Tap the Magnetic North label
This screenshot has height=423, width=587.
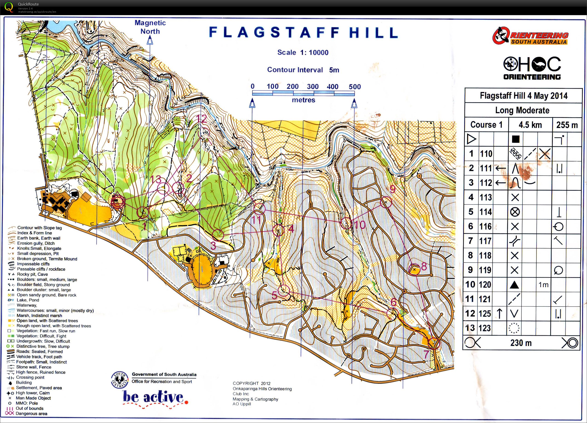pyautogui.click(x=150, y=27)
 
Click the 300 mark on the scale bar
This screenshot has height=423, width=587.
pyautogui.click(x=312, y=87)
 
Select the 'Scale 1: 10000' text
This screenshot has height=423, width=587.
pyautogui.click(x=303, y=52)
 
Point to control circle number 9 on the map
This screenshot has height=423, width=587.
pyautogui.click(x=386, y=202)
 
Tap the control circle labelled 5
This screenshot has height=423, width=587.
pyautogui.click(x=284, y=290)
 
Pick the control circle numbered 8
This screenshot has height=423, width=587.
pyautogui.click(x=414, y=269)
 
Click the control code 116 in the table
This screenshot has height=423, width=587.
pyautogui.click(x=486, y=226)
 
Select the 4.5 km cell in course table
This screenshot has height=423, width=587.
pyautogui.click(x=530, y=125)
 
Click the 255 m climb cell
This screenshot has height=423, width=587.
pyautogui.click(x=567, y=125)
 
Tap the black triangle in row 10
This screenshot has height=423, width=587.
pyautogui.click(x=514, y=285)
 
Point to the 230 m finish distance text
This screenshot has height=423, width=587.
pyautogui.click(x=521, y=343)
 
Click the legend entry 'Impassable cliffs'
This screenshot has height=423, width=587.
pyautogui.click(x=33, y=264)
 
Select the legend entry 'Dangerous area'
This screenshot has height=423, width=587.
pyautogui.click(x=31, y=413)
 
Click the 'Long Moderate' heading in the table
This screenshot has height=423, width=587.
pyautogui.click(x=522, y=110)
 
